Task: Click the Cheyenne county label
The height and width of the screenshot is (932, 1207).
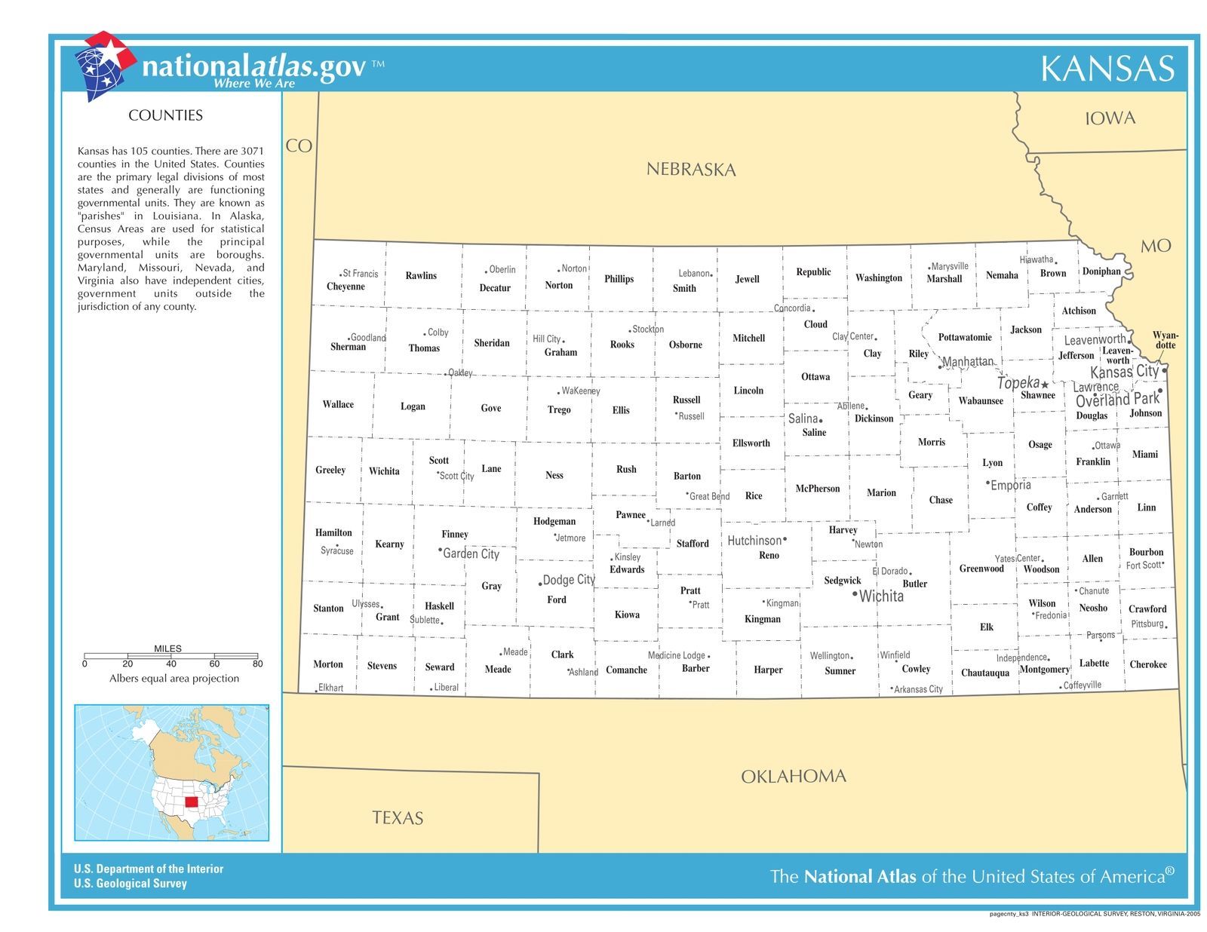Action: tap(346, 287)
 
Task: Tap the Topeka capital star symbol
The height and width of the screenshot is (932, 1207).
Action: tap(1045, 385)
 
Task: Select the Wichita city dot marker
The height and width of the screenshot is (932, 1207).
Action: tap(854, 595)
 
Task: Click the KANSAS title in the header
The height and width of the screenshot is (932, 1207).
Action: tap(1107, 69)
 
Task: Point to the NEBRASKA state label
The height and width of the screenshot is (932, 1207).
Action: tap(690, 170)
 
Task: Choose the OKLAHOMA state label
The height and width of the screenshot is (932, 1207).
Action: tap(793, 776)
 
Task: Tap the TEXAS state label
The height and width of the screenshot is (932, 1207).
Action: tap(398, 818)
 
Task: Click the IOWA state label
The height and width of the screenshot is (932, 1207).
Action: tap(1110, 118)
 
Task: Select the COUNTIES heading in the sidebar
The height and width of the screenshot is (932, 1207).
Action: tap(165, 115)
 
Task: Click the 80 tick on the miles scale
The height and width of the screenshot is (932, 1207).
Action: tap(257, 663)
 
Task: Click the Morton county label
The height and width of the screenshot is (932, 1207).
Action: tap(328, 664)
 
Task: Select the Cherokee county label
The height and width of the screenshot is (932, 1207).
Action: tap(1147, 664)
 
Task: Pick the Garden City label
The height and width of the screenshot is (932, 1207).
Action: tap(471, 553)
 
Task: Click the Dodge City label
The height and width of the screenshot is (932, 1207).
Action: tap(569, 579)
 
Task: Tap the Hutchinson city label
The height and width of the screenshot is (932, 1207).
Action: tap(754, 541)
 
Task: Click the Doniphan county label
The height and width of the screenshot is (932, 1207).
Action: tap(1101, 271)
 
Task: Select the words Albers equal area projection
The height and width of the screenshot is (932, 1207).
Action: tap(174, 679)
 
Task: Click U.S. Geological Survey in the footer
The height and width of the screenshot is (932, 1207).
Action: tap(131, 884)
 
